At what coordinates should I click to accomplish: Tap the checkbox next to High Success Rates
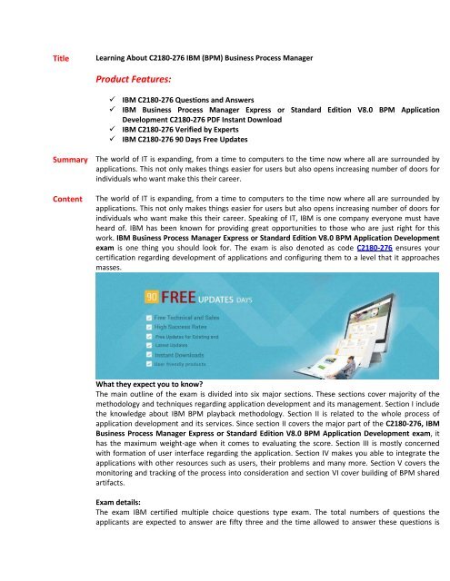click(149, 327)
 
